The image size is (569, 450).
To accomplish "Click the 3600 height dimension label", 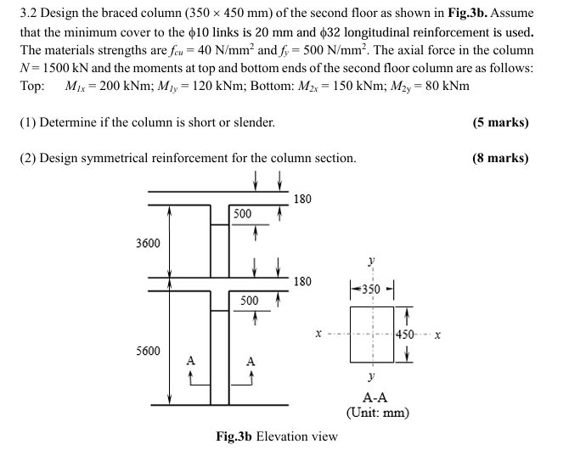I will point(148,244).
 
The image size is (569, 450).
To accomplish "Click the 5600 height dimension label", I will point(148,350).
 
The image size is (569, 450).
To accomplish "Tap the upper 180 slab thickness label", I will point(302,200).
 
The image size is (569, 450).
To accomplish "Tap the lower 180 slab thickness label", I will point(302,281).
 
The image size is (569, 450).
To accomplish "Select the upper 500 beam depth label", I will point(242,213).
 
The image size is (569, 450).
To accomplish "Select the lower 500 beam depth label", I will point(249,301).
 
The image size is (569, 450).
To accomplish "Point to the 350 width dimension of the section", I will point(371,286).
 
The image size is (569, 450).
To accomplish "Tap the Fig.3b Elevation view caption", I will point(277,436).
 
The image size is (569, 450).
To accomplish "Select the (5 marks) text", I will point(500,122).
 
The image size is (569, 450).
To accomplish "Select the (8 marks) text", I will point(500,158).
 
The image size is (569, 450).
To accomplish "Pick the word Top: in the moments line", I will point(31,87).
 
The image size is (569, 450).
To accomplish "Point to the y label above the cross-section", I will point(371,262).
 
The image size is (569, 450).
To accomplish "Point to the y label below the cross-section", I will point(371,374).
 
